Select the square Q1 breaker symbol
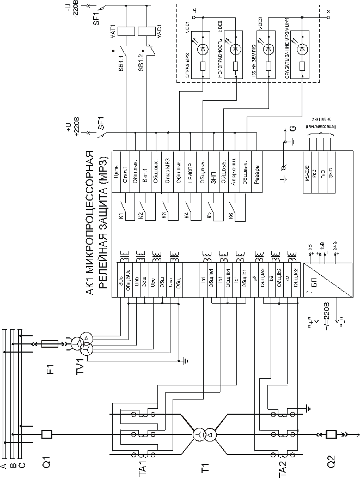(46, 434)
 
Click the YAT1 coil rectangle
(127, 29)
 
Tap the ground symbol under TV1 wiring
(186, 360)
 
